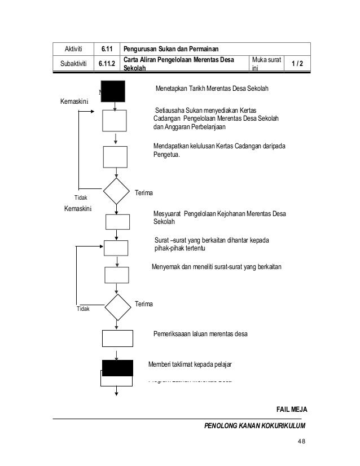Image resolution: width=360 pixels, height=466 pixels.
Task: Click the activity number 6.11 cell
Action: coord(104,49)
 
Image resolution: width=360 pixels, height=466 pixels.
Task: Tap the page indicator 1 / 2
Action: coord(296,64)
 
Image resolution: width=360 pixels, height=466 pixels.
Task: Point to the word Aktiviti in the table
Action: coord(73,49)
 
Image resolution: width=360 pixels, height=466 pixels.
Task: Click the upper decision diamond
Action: coord(116,192)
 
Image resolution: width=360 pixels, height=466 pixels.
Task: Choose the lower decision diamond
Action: coord(118,306)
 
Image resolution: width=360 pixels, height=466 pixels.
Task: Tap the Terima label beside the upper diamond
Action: coord(144,193)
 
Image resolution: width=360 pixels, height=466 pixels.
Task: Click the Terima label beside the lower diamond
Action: coord(145,304)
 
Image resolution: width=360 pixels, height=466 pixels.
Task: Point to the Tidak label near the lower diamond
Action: coord(83,309)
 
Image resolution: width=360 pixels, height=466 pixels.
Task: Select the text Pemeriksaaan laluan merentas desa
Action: coord(200,334)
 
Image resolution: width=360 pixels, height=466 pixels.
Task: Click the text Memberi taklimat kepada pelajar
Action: coord(190,364)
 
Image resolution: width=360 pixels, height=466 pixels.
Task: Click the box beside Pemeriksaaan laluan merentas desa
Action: coord(117,337)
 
